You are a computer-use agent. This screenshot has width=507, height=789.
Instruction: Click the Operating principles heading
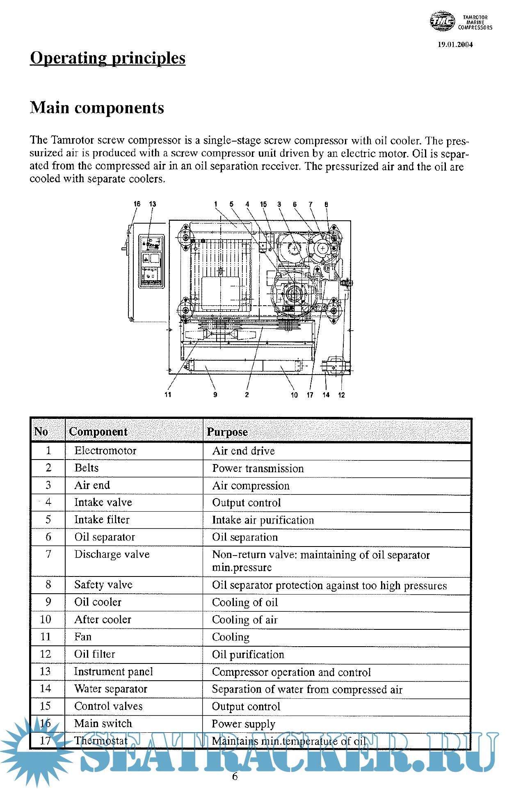tap(107, 58)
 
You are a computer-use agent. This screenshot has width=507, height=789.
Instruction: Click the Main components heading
tap(97, 108)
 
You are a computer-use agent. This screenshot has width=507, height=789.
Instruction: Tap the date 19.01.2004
tap(455, 45)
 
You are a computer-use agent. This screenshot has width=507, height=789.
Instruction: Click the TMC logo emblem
tap(442, 21)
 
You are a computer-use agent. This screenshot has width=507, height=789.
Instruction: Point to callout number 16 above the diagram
tap(137, 204)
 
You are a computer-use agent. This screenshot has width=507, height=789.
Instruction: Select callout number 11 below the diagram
tap(168, 395)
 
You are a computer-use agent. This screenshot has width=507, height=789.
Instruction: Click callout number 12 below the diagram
tap(341, 395)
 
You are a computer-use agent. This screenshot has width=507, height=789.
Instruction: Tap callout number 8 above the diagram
tap(326, 204)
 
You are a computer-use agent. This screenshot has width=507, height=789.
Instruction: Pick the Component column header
tap(98, 432)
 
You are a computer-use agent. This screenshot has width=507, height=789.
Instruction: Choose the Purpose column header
tap(227, 432)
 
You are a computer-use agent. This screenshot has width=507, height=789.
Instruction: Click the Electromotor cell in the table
tap(105, 451)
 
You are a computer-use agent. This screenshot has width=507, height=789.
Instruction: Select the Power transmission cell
tap(258, 469)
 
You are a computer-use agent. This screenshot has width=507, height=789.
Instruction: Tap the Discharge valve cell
tap(112, 554)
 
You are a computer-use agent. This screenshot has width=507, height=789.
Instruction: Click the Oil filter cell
tap(95, 654)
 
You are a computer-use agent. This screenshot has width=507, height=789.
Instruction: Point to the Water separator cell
tap(111, 689)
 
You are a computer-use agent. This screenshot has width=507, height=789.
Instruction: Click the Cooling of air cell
tap(245, 620)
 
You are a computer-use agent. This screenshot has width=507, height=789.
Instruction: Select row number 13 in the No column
tap(46, 671)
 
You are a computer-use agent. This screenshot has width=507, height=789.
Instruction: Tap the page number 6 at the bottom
tap(235, 776)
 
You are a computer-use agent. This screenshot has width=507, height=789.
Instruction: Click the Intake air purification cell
tap(263, 520)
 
